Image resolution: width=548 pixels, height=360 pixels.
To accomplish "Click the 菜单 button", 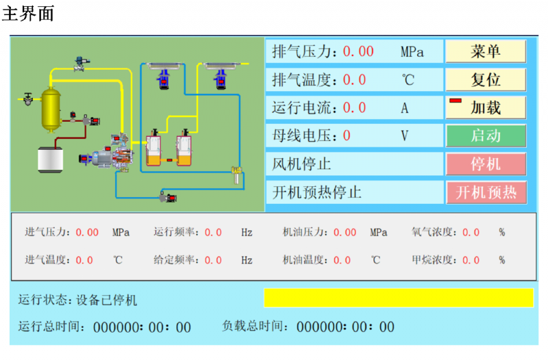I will [486, 51].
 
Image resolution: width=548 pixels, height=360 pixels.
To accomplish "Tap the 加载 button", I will [486, 107].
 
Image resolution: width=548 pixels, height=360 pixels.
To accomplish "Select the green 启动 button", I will [486, 136].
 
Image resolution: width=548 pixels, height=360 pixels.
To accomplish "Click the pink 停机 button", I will [486, 164].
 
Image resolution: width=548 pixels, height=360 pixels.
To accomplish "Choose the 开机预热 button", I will [486, 192].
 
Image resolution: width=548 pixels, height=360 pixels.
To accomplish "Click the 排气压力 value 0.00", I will [358, 51].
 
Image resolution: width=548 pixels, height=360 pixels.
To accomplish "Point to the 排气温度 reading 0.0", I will [354, 80].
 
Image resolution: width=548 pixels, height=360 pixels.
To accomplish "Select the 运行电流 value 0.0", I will [354, 108].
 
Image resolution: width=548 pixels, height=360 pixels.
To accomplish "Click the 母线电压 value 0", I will [347, 136].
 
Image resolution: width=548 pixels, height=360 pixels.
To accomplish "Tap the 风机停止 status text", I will [302, 164].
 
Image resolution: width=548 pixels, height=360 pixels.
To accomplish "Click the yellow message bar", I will [398, 298].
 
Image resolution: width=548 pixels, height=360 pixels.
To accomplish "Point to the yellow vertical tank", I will [50, 108].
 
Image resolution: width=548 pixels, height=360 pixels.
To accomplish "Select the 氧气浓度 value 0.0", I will [471, 232].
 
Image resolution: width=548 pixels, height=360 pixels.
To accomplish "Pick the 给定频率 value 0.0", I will [213, 260].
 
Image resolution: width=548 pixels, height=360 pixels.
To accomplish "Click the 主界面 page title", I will [28, 13].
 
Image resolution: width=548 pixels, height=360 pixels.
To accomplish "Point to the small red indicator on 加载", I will [456, 101].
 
